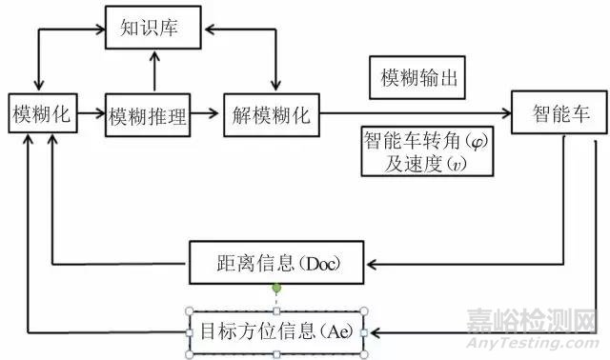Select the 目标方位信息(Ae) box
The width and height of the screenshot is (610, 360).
(277, 332)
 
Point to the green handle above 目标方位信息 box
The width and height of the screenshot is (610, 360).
(277, 287)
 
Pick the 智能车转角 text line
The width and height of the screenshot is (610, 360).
(419, 140)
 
